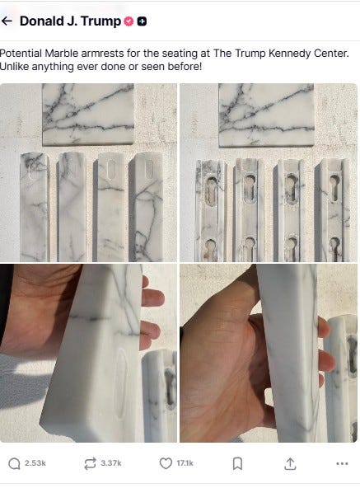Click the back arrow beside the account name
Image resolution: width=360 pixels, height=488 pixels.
coord(7,21)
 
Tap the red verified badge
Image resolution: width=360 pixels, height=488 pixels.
coord(129,21)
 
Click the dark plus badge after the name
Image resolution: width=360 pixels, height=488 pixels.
coord(142,21)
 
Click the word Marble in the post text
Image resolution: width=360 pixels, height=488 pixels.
coord(61,54)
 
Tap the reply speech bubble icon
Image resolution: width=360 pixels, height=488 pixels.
coord(14,464)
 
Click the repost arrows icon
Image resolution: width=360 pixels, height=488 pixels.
coord(91,463)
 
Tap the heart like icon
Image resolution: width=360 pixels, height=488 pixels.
coord(166,463)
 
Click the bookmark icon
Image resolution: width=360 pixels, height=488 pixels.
coord(237,464)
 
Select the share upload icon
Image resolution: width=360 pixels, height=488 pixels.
coord(290,464)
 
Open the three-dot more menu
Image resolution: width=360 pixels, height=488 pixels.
coord(342,464)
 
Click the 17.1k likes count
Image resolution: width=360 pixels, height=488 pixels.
coord(185,463)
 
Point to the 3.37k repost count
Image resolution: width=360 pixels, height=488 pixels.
coord(111,463)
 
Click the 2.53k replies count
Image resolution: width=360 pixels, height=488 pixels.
coord(35,463)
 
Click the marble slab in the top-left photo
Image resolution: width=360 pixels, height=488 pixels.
coord(88,115)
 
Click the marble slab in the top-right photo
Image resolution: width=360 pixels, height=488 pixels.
coord(266,115)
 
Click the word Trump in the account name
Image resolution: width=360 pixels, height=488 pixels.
coord(101,21)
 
